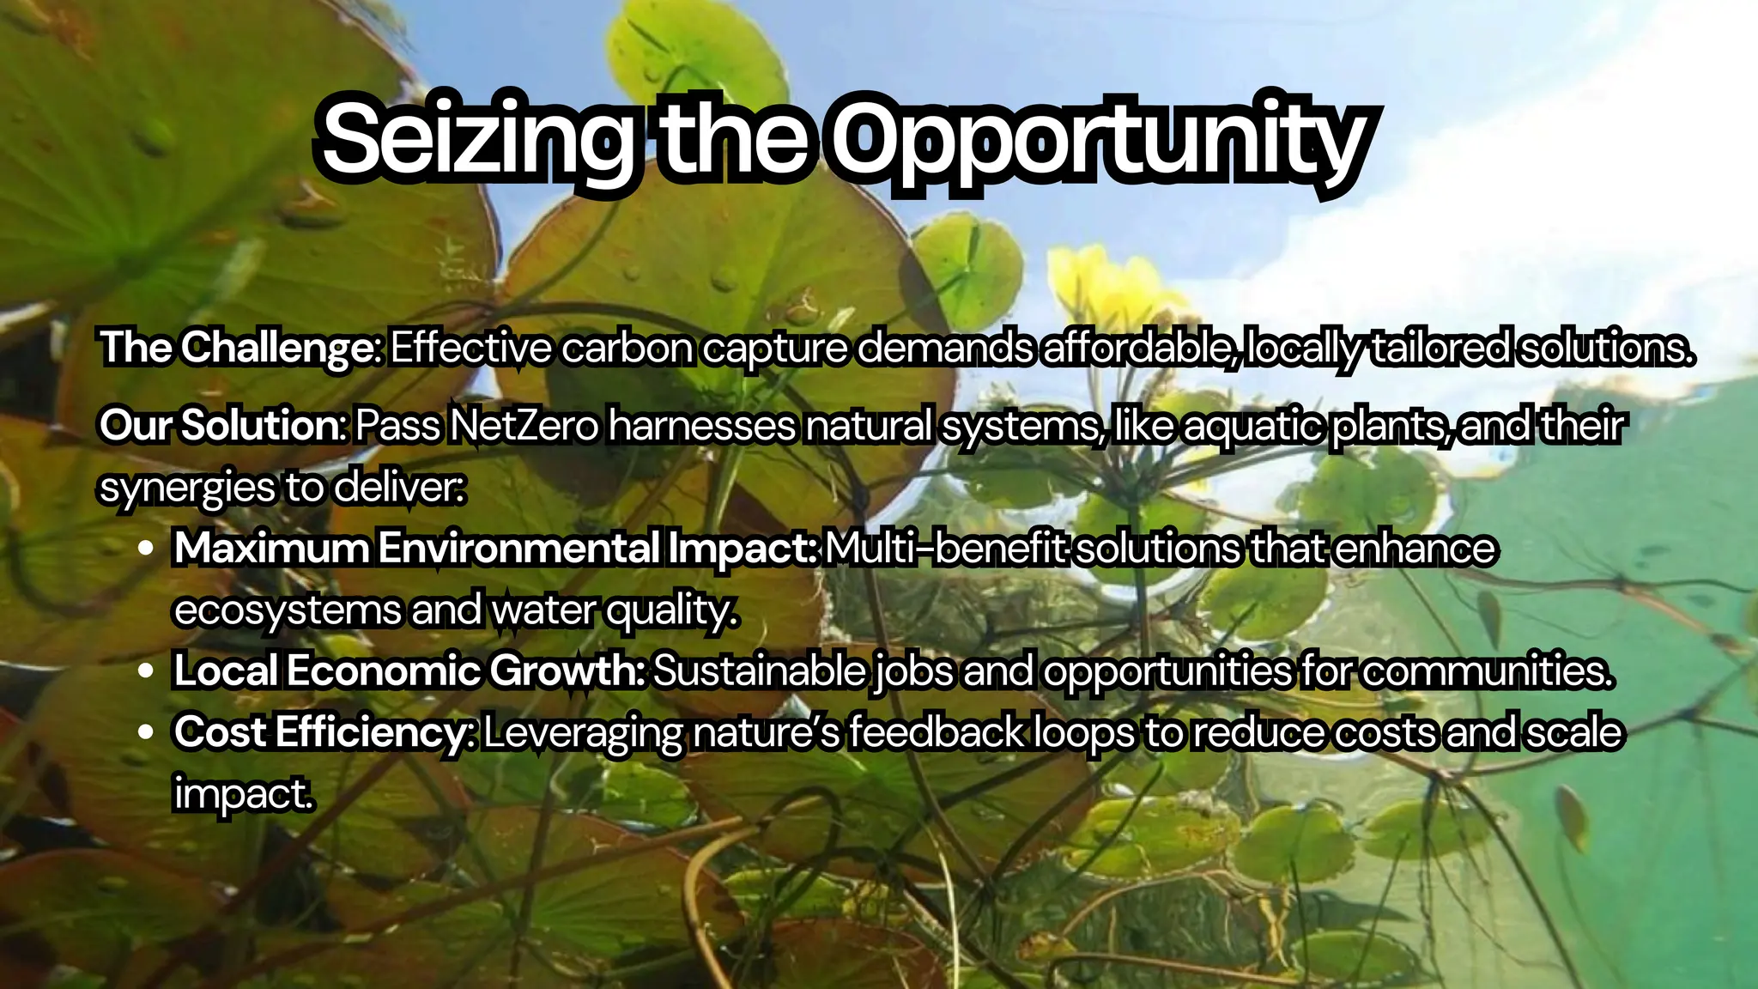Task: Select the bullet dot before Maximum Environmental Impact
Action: pyautogui.click(x=146, y=548)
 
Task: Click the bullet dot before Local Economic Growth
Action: pyautogui.click(x=146, y=670)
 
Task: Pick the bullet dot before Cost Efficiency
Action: pyautogui.click(x=146, y=732)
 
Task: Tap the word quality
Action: pyautogui.click(x=672, y=610)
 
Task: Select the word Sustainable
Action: pyautogui.click(x=760, y=670)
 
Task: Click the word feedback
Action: pyautogui.click(x=937, y=732)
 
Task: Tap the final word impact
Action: pyautogui.click(x=243, y=794)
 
